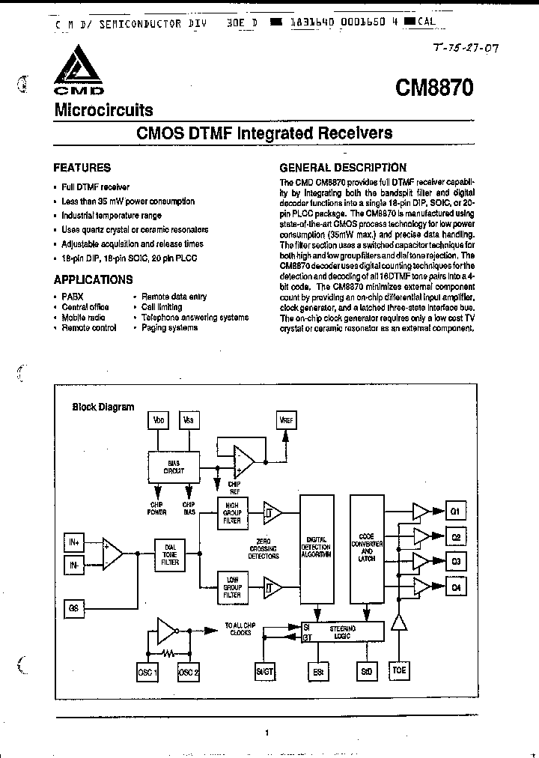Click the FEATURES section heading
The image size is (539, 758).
(x=82, y=168)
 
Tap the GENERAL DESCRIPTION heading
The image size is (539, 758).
(x=342, y=168)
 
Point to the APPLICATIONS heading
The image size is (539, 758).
(x=93, y=279)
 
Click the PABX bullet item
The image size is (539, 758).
(x=73, y=297)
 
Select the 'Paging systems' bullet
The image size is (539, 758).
(x=169, y=328)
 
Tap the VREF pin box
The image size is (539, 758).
(x=285, y=421)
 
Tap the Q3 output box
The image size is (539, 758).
(x=455, y=562)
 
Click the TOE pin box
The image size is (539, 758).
(x=400, y=670)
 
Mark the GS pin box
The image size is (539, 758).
(x=74, y=607)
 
